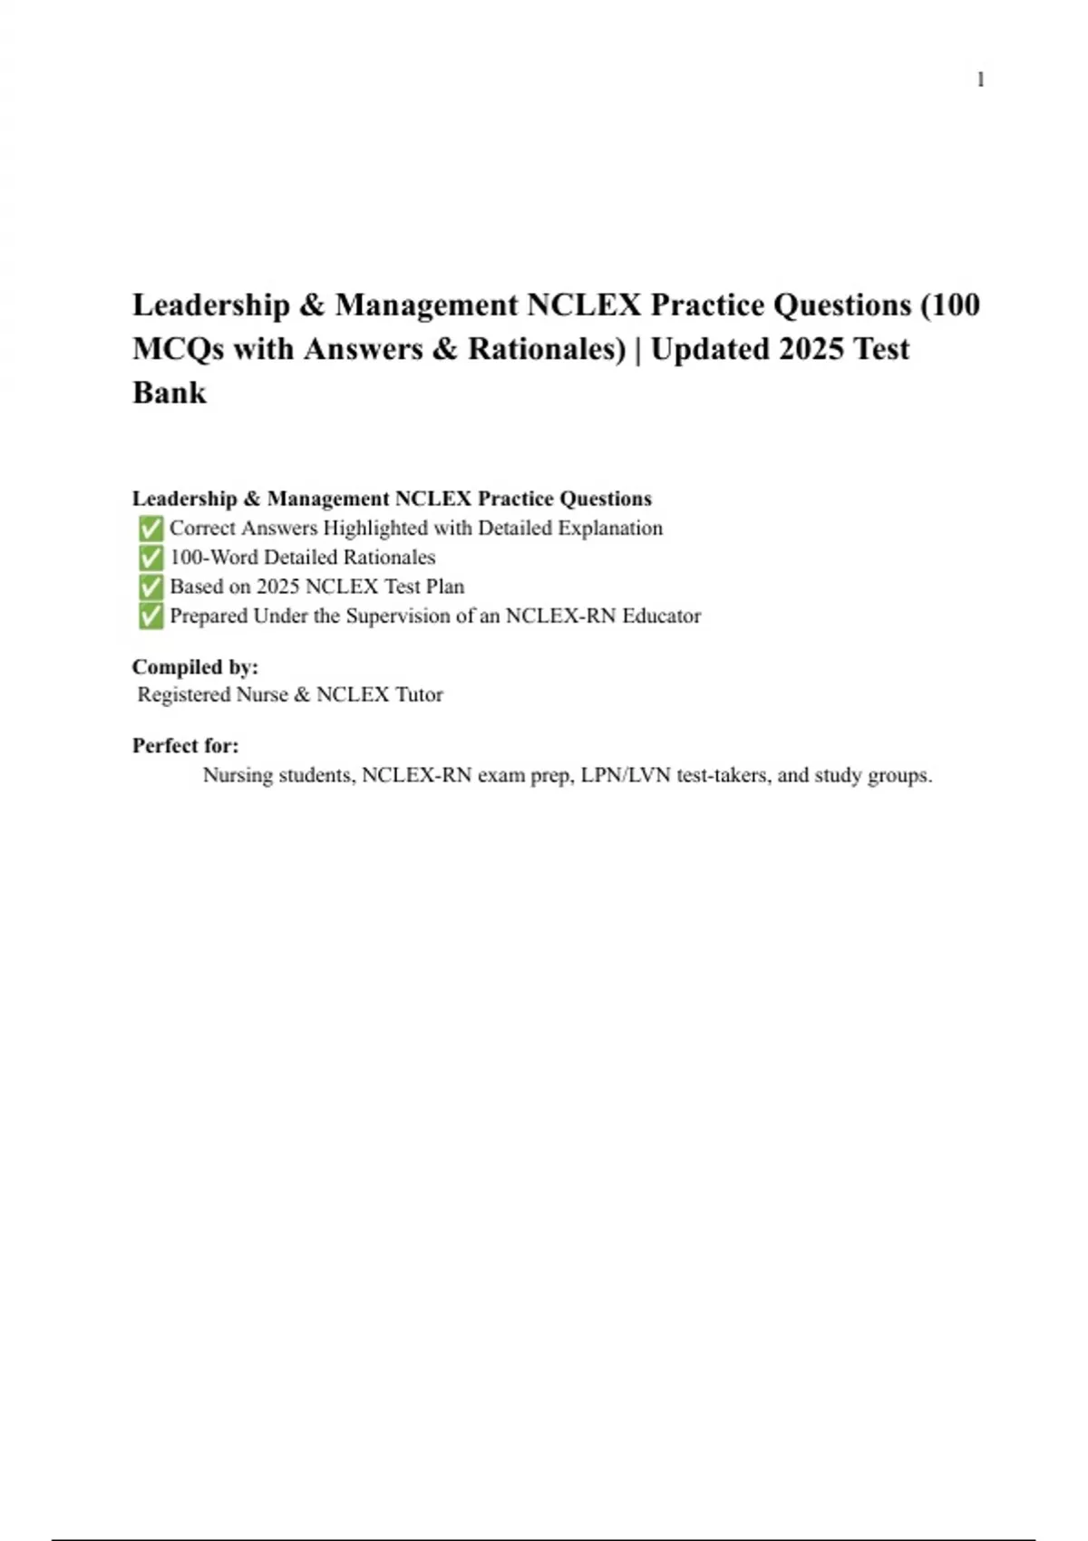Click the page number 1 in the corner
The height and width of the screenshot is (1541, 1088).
tap(980, 80)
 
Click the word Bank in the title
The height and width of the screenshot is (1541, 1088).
tap(170, 393)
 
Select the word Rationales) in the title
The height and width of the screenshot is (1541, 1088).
tap(547, 349)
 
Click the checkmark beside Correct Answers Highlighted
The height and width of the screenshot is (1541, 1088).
tap(151, 528)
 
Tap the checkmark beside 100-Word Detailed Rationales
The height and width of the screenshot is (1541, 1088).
tap(151, 557)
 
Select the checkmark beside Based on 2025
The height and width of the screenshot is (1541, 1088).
tap(151, 586)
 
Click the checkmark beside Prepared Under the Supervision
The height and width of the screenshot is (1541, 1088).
tap(151, 616)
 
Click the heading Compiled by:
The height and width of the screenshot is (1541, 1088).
tap(195, 667)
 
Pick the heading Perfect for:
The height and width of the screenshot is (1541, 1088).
tap(186, 746)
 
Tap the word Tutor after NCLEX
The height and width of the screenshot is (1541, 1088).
tap(419, 694)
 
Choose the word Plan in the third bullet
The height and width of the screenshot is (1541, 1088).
tap(445, 586)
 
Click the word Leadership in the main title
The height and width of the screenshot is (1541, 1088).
tap(211, 305)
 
